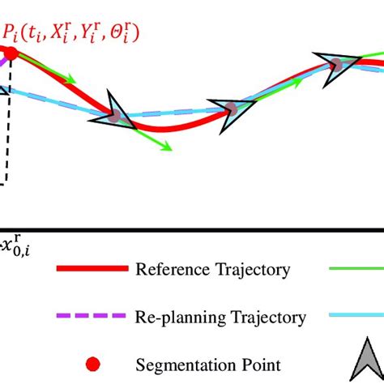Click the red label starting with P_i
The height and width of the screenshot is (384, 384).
[72, 33]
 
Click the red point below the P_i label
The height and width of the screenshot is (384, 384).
[10, 55]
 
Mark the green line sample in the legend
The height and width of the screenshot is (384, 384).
[356, 268]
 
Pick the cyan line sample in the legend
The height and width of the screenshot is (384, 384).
[356, 317]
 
